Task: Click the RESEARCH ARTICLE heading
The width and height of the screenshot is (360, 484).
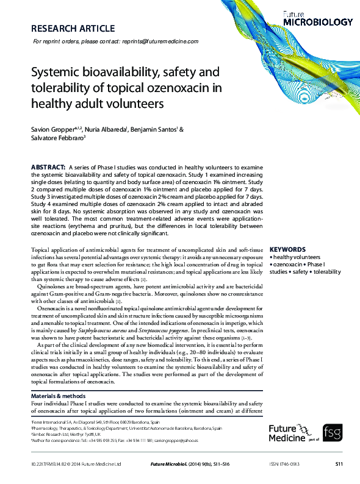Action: (x=73, y=28)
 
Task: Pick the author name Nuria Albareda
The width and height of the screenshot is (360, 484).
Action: (x=106, y=130)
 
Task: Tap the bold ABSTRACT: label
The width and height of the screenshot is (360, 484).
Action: (x=48, y=167)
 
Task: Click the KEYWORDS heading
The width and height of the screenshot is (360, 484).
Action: (x=287, y=250)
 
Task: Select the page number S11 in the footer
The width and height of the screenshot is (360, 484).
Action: (x=339, y=464)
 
